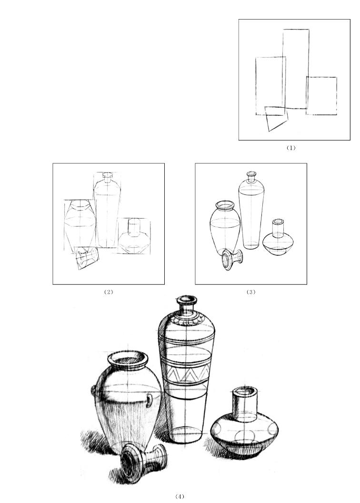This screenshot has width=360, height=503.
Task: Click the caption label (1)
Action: [290, 148]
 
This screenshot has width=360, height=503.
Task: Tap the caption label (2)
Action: [109, 292]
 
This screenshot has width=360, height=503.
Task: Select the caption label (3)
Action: [250, 292]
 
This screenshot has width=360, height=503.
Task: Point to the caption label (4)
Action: [180, 496]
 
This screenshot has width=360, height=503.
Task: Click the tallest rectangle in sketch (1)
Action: [283, 69]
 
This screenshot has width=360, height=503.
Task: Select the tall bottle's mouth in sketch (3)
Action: [251, 174]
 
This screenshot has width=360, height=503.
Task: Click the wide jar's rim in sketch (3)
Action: [225, 205]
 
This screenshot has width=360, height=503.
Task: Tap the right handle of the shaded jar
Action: [150, 401]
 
